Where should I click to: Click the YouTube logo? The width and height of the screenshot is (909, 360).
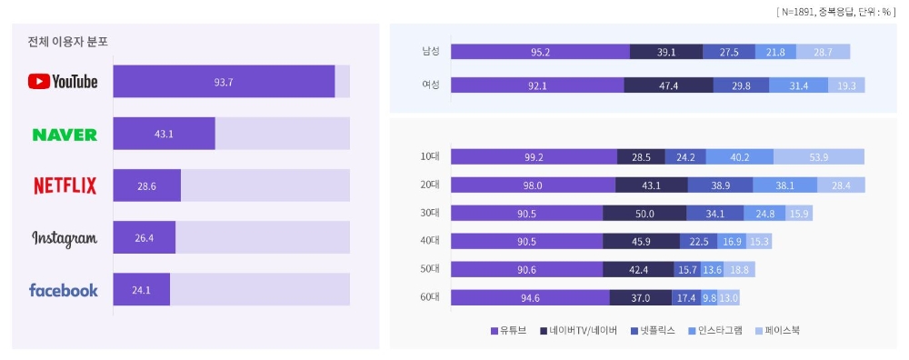(64, 82)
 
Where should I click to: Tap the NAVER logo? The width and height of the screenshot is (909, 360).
(65, 135)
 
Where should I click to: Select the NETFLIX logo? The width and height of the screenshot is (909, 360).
(65, 186)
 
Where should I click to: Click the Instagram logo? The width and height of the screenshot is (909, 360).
(65, 238)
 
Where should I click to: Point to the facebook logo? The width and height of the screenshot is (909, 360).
(64, 290)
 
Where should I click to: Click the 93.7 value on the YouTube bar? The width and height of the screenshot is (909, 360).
(224, 82)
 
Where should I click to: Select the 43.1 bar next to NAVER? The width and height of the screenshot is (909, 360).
(164, 134)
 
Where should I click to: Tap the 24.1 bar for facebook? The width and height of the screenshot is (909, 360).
(141, 290)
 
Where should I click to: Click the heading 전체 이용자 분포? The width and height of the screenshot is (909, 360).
(68, 43)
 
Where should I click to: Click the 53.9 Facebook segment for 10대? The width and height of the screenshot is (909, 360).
(818, 157)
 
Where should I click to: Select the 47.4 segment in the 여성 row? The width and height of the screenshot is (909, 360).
(668, 85)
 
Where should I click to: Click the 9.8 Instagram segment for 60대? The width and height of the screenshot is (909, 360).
(708, 297)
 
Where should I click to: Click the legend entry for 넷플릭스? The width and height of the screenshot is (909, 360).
(651, 331)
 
